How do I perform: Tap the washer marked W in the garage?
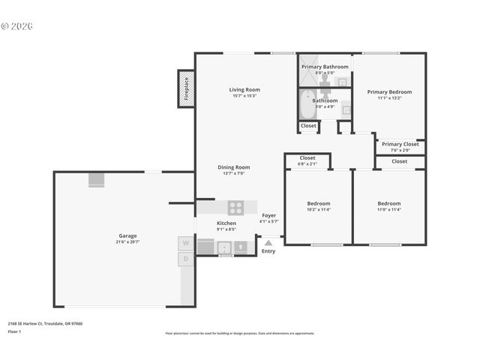click(x=185, y=244)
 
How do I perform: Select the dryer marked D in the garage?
click(x=185, y=259)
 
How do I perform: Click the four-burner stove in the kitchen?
click(x=235, y=208)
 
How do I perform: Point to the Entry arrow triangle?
click(x=268, y=242)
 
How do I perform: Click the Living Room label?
click(x=244, y=90)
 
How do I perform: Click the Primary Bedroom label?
click(x=389, y=92)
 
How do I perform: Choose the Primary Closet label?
click(x=400, y=144)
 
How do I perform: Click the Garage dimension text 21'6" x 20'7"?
click(x=127, y=241)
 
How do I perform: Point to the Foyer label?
click(x=268, y=216)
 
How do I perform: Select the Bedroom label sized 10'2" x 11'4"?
click(x=318, y=203)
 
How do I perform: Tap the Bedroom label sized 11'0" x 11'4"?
click(x=388, y=203)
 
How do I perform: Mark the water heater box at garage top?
click(x=97, y=179)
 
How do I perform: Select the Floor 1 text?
click(x=14, y=331)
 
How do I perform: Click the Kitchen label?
click(x=226, y=223)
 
